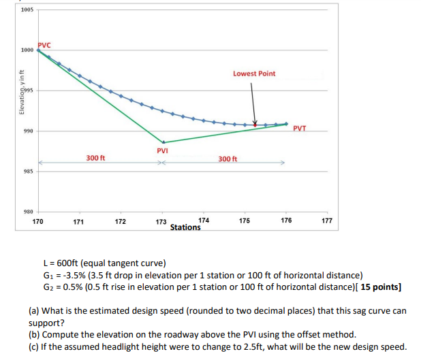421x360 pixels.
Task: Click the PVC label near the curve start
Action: click(x=44, y=44)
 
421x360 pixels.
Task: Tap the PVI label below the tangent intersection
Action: click(x=162, y=150)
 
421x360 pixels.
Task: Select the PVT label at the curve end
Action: click(x=300, y=128)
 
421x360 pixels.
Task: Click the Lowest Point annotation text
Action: click(x=254, y=73)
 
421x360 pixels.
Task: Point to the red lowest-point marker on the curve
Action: click(x=255, y=125)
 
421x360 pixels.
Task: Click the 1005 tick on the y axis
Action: click(x=27, y=10)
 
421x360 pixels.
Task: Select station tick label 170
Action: click(x=38, y=222)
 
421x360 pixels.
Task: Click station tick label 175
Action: click(x=245, y=221)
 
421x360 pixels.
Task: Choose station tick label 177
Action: click(x=326, y=222)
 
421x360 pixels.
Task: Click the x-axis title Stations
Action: click(x=185, y=227)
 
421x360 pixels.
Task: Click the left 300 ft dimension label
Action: click(x=95, y=158)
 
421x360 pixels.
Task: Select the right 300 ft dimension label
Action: click(x=228, y=159)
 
